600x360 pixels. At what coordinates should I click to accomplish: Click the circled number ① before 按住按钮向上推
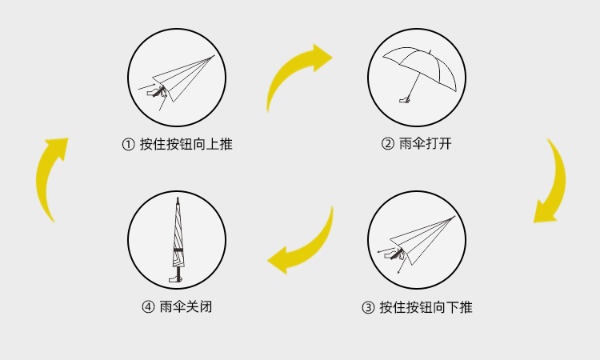(x=128, y=145)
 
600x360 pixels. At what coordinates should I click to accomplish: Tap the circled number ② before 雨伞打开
(x=387, y=145)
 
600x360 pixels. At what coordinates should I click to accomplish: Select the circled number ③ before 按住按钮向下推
(x=368, y=307)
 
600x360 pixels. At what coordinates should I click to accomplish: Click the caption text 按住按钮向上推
(x=186, y=145)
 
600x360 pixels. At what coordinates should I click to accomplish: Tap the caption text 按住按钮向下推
(x=426, y=307)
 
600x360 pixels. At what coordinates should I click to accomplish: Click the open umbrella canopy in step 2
(x=420, y=60)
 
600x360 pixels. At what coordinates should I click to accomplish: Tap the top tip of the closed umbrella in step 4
(x=177, y=199)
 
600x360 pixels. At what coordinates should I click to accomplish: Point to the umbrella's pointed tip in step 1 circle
(x=214, y=56)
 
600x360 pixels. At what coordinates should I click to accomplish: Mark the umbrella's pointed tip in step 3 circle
(x=454, y=217)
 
